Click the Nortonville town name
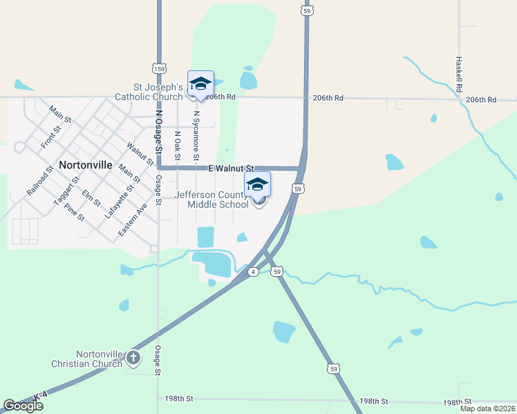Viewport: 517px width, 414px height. tap(91, 166)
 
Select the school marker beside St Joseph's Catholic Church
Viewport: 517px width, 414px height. tap(200, 84)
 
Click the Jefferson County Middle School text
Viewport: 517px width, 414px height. tap(211, 200)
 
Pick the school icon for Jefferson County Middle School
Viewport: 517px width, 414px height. tap(257, 185)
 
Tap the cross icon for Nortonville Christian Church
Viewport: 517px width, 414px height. tap(133, 357)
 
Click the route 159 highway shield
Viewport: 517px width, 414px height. tap(159, 69)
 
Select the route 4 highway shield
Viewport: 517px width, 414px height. tap(254, 273)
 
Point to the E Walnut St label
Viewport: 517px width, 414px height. tap(231, 168)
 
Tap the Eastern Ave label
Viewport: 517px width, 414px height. tap(132, 220)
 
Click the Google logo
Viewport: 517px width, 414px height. tap(23, 406)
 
